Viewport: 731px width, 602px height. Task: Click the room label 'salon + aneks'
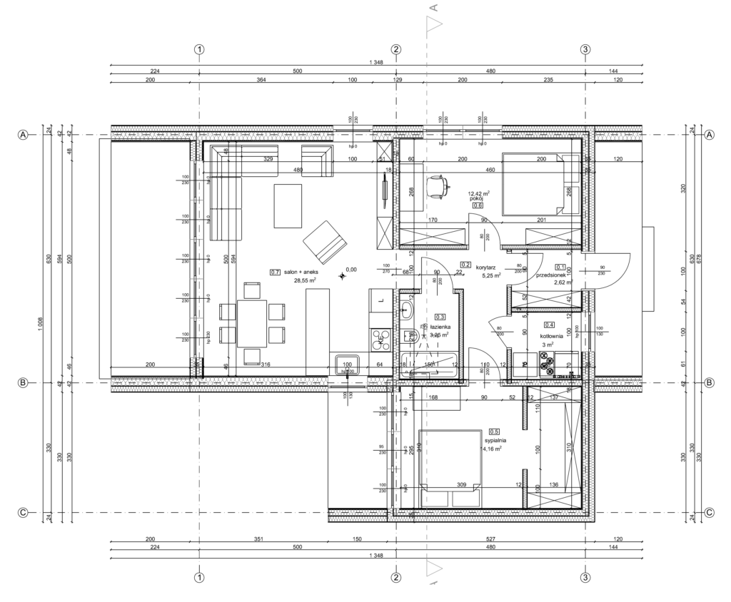(x=306, y=272)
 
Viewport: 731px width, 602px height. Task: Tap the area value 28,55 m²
(x=306, y=281)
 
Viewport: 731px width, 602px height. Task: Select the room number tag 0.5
(x=493, y=431)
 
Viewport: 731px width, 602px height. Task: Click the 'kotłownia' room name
(x=551, y=336)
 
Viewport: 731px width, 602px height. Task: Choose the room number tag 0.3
(x=440, y=317)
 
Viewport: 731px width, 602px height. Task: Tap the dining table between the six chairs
(x=251, y=323)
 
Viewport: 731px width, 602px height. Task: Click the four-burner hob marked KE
(x=380, y=340)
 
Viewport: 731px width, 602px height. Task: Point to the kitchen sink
(x=348, y=365)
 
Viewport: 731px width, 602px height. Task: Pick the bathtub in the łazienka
(x=430, y=364)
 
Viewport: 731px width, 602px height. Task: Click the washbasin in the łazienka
(x=406, y=309)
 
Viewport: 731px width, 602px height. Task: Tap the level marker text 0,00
(x=351, y=270)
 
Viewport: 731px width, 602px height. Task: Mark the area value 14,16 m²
(x=493, y=449)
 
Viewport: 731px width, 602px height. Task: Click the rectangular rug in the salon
(x=288, y=205)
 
